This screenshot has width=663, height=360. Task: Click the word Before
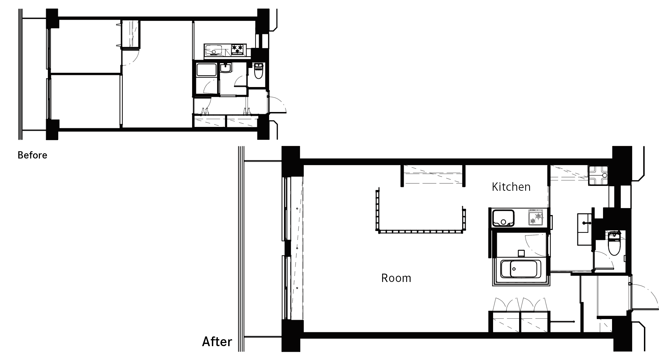(x=32, y=155)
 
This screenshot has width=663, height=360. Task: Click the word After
(x=217, y=342)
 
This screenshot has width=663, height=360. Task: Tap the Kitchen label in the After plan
(x=511, y=187)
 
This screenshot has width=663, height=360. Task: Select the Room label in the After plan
(x=396, y=278)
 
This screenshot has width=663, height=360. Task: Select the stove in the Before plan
(x=238, y=50)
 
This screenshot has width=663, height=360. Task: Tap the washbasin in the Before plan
(x=226, y=68)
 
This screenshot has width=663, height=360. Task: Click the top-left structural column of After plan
(x=291, y=162)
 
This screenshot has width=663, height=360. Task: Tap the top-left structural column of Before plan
(x=52, y=19)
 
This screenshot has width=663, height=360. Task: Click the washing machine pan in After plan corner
(x=599, y=175)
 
